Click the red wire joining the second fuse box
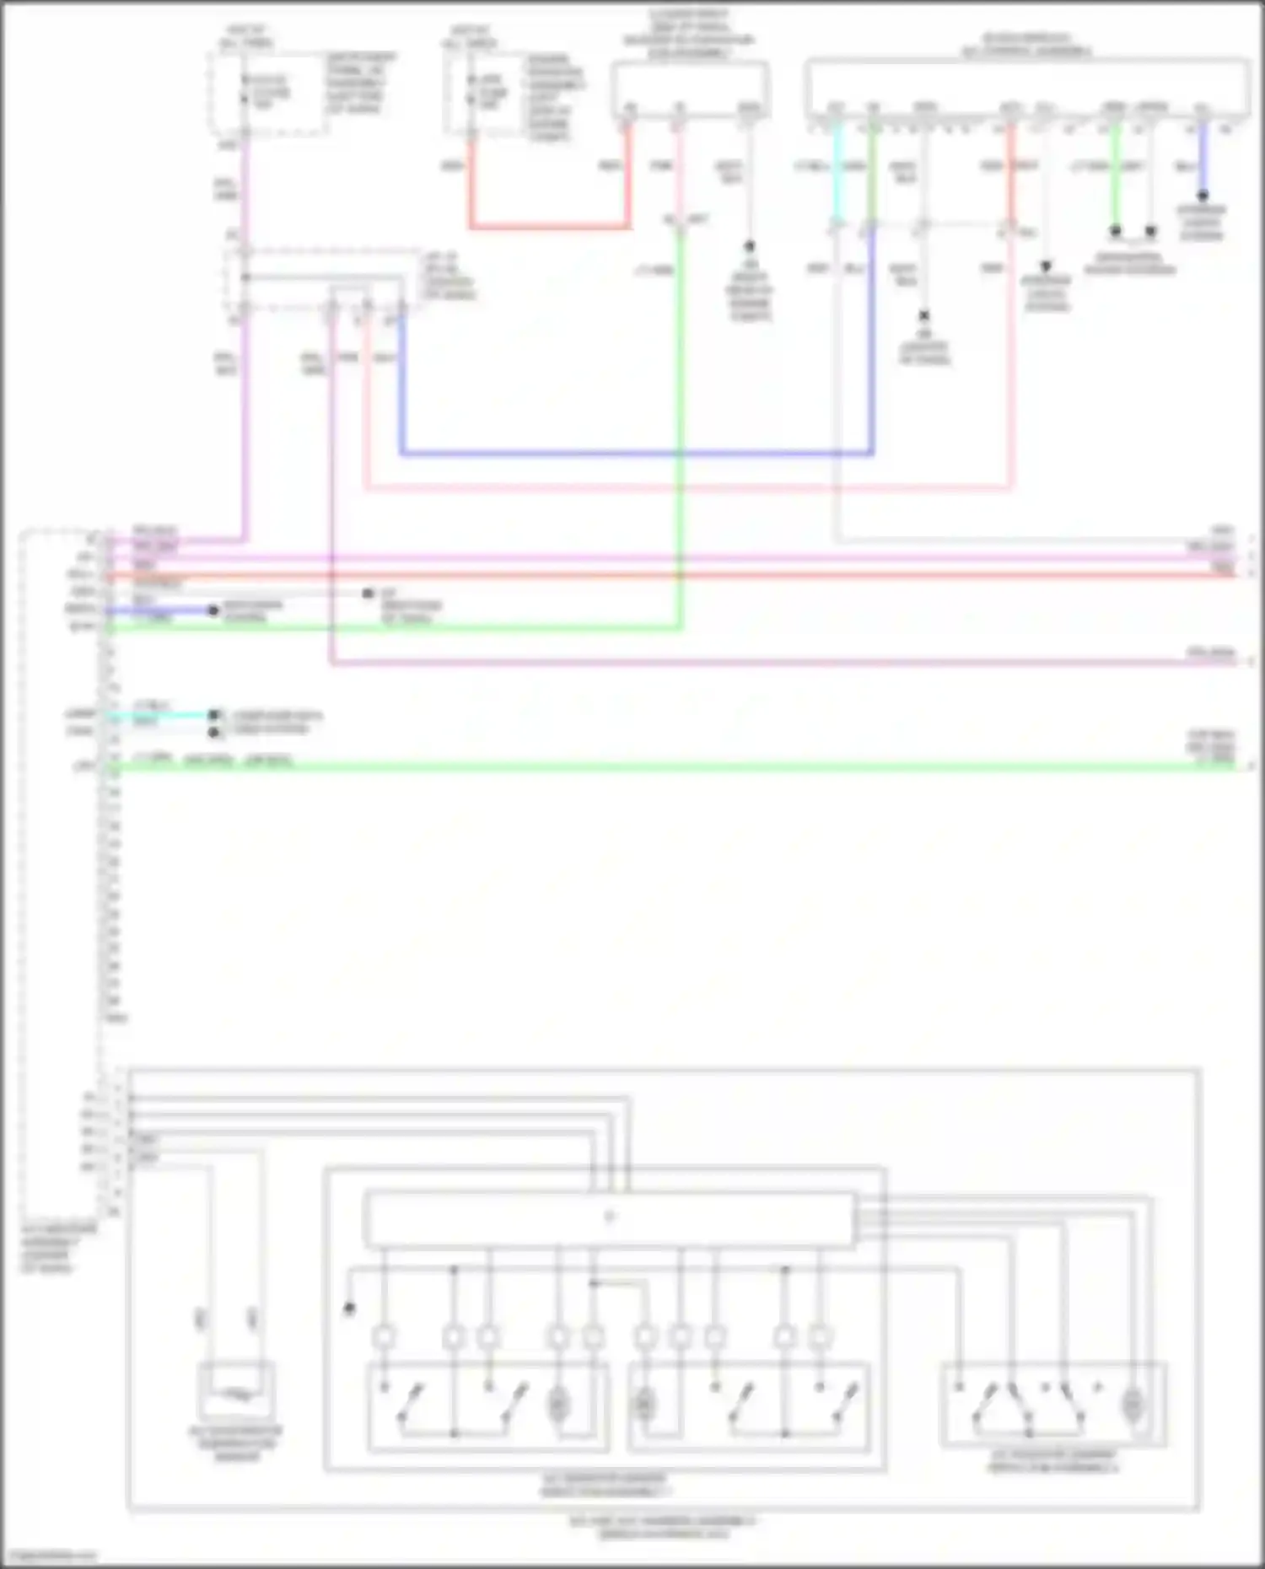pos(548,226)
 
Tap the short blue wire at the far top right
pos(1203,160)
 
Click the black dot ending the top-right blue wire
pos(1203,196)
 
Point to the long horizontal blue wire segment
pos(632,454)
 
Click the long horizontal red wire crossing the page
pos(675,575)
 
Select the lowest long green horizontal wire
pos(675,766)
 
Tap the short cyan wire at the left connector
pos(160,715)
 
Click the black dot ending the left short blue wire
pos(213,610)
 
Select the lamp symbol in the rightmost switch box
pos(1132,1404)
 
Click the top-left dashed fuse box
pos(268,93)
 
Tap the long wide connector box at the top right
pos(1027,87)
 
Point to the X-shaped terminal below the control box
pos(924,315)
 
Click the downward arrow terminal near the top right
pos(1046,266)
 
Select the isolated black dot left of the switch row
pos(349,1308)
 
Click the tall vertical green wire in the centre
pos(680,422)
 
